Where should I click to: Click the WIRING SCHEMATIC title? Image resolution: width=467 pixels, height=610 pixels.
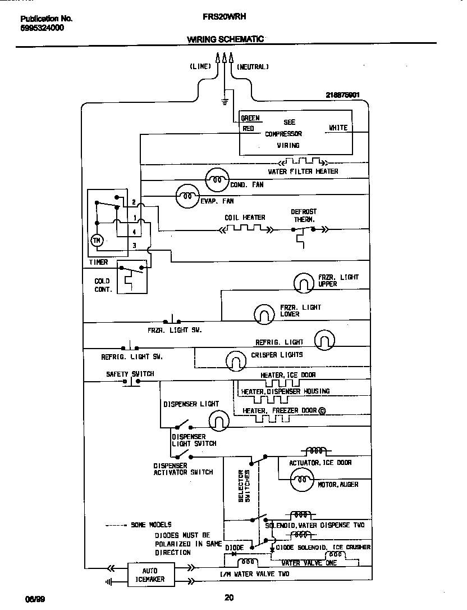click(x=225, y=39)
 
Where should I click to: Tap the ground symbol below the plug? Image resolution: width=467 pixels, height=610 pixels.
click(x=225, y=101)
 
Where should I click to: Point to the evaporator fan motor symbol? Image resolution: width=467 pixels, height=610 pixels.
click(x=187, y=196)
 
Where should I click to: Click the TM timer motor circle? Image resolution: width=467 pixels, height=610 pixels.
click(x=96, y=240)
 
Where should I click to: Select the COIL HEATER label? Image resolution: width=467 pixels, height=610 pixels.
click(x=245, y=218)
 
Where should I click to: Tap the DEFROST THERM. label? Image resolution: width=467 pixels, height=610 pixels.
click(x=304, y=216)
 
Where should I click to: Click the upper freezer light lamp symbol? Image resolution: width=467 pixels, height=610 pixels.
click(x=304, y=283)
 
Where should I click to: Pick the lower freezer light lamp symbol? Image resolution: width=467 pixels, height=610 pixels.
click(x=264, y=314)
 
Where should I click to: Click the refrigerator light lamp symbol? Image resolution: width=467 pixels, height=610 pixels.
click(x=324, y=340)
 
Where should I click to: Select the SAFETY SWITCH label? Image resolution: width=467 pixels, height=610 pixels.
click(x=130, y=374)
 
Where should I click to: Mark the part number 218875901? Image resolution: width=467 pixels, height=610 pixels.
click(x=342, y=95)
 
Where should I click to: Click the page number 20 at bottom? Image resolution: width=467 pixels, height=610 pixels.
click(x=229, y=598)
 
